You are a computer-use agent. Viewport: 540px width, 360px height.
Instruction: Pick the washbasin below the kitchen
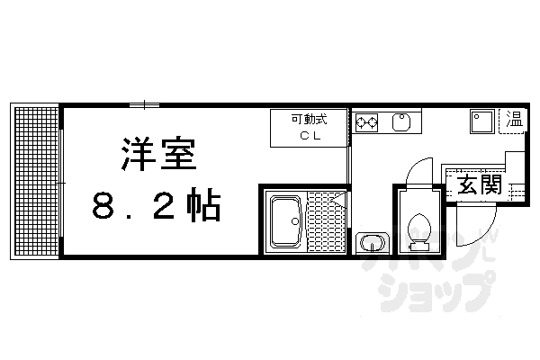(371, 243)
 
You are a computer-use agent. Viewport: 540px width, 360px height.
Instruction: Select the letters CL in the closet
(309, 135)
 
